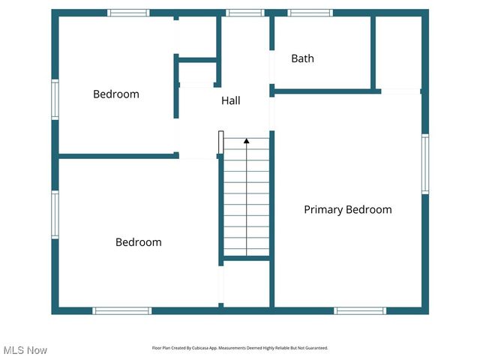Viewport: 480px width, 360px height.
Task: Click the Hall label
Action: (230, 100)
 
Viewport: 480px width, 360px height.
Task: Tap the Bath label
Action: (302, 58)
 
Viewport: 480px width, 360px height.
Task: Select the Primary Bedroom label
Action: (347, 210)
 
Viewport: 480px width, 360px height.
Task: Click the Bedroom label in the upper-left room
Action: (115, 94)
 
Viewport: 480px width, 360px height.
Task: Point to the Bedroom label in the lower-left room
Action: (138, 242)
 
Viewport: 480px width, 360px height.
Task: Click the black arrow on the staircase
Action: (246, 140)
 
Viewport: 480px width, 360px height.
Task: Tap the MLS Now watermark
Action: (25, 350)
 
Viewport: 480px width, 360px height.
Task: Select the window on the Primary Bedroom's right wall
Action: (424, 164)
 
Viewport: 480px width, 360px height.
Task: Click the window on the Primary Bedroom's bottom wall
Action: (360, 310)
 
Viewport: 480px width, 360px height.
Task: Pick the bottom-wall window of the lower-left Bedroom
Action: (121, 310)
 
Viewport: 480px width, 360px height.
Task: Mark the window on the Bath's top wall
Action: (310, 13)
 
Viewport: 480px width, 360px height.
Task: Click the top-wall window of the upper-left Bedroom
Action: (128, 13)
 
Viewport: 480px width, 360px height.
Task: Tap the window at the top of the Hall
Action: (245, 13)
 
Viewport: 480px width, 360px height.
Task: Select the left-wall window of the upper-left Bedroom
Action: (55, 99)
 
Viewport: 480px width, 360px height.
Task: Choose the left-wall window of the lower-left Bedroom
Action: (55, 215)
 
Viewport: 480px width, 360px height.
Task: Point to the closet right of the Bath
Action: (397, 52)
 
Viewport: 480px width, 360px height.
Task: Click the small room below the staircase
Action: (246, 283)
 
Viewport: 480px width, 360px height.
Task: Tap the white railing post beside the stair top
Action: (220, 142)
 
